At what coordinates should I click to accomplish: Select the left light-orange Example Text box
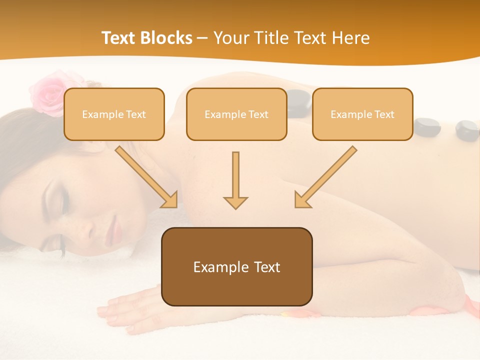point(114,114)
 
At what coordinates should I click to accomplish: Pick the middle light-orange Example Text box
point(236,114)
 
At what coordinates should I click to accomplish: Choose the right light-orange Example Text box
point(362,114)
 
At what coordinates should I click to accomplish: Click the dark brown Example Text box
point(236,266)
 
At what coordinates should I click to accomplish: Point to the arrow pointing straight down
point(235,180)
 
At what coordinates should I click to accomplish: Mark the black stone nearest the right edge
point(467,130)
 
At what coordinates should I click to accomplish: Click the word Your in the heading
point(231,38)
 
